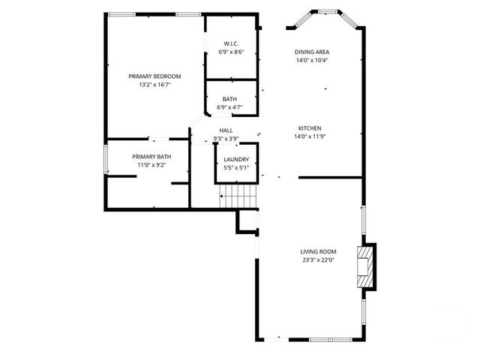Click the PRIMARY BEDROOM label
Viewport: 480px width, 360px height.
pyautogui.click(x=154, y=76)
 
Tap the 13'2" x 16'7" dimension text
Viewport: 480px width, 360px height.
pyautogui.click(x=154, y=85)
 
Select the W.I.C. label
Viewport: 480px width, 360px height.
pyautogui.click(x=231, y=43)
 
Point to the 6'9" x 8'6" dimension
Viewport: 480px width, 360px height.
pyautogui.click(x=231, y=52)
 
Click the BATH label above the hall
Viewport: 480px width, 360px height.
pyautogui.click(x=229, y=99)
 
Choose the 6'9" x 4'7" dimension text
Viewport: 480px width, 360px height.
pyautogui.click(x=229, y=108)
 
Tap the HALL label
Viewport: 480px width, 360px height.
pyautogui.click(x=226, y=130)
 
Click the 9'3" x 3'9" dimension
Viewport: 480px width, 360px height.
pyautogui.click(x=226, y=139)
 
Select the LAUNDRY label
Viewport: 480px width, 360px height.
pyautogui.click(x=236, y=159)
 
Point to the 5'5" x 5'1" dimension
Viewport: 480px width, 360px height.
pyautogui.click(x=236, y=168)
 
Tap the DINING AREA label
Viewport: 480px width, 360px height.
pyautogui.click(x=311, y=52)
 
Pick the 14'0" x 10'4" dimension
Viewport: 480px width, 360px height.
pyautogui.click(x=311, y=61)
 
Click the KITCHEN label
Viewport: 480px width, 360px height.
pyautogui.click(x=310, y=127)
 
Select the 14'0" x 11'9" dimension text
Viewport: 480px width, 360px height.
pyautogui.click(x=310, y=136)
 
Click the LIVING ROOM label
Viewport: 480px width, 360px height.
pyautogui.click(x=318, y=252)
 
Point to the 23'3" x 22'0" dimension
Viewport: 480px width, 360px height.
pyautogui.click(x=318, y=261)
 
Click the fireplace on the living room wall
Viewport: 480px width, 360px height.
pyautogui.click(x=367, y=266)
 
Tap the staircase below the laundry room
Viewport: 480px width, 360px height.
pyautogui.click(x=238, y=198)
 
